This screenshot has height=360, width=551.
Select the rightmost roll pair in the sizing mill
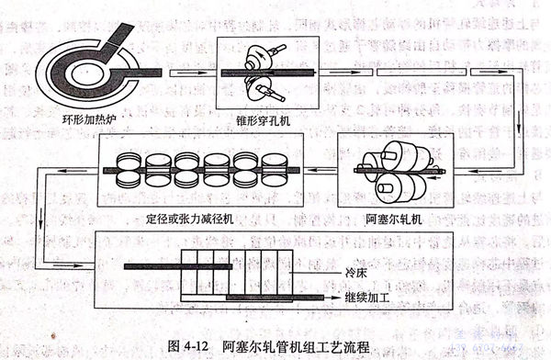275,170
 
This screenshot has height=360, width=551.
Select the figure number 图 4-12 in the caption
176,346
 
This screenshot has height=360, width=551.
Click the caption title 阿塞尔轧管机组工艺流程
300,346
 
